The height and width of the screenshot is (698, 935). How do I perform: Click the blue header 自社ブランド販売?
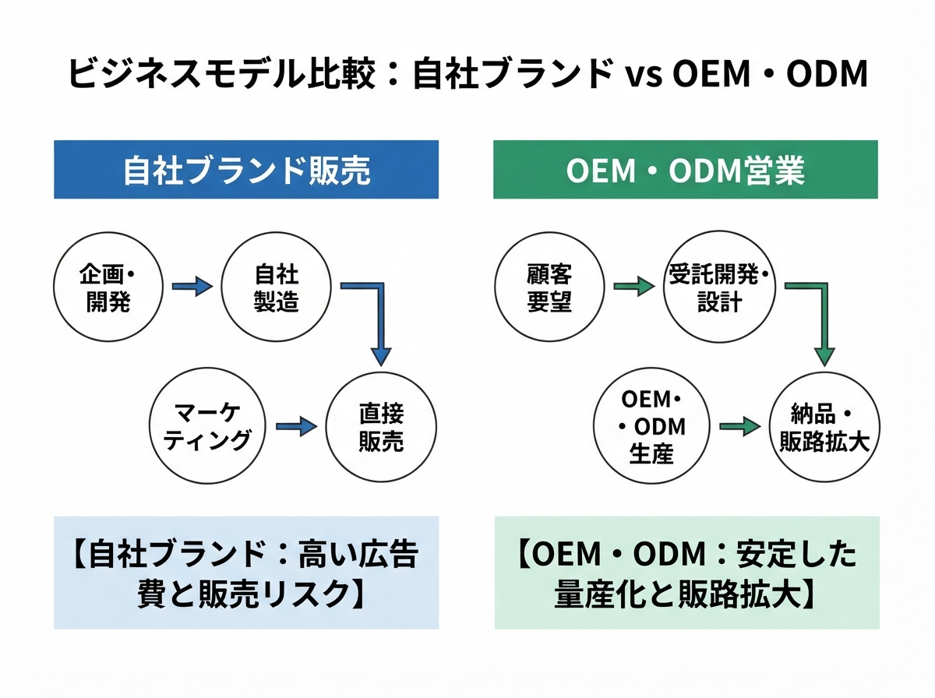point(246,170)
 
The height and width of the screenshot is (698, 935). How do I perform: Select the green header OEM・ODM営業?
point(686,170)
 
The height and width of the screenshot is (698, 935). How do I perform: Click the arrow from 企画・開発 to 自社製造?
point(192,286)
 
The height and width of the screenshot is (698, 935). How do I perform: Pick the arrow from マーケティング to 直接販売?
point(297,426)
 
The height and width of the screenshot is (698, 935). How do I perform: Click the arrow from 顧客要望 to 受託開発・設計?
point(634,286)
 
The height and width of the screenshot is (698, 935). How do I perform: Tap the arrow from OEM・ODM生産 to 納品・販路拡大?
point(740,426)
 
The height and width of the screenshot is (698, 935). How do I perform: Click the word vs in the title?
point(644,76)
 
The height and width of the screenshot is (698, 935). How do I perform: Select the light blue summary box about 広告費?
point(246,573)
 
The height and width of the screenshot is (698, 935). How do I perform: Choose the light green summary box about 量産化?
point(687,573)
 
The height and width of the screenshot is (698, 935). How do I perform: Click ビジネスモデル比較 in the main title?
point(221,73)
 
